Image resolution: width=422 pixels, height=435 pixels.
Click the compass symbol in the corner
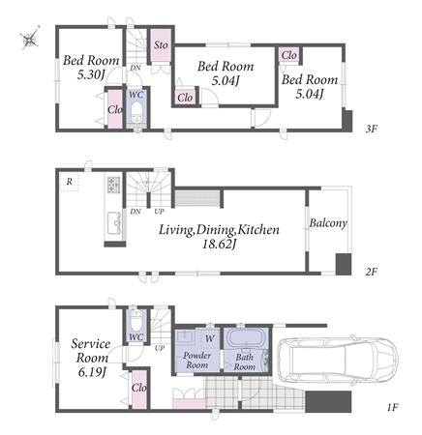tap(30, 38)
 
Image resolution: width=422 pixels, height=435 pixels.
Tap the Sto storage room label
tap(161, 44)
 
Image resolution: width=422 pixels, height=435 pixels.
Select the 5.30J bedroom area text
tap(91, 75)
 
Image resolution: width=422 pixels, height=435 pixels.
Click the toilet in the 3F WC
tap(137, 113)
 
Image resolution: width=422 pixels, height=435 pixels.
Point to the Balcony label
tap(328, 223)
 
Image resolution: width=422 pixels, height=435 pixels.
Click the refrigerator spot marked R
tap(69, 182)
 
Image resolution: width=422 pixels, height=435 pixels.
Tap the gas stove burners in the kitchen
tap(113, 185)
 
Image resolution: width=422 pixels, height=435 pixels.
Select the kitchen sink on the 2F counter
tap(113, 223)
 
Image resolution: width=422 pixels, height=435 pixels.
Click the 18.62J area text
tap(219, 245)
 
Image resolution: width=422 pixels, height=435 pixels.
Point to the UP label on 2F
tap(159, 212)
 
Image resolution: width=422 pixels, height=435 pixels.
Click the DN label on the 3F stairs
tap(136, 68)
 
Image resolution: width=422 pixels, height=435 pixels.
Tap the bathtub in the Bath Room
tap(246, 338)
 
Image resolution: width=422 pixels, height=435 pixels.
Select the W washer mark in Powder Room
tap(210, 338)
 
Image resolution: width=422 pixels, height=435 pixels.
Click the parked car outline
tap(337, 361)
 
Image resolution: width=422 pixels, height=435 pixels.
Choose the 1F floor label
tap(392, 408)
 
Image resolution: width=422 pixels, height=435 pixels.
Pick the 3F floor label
tap(371, 130)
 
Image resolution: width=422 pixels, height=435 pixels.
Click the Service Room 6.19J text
tap(91, 358)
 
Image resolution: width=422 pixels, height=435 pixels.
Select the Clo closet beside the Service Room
tap(139, 388)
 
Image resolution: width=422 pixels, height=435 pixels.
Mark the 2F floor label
tap(371, 273)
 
